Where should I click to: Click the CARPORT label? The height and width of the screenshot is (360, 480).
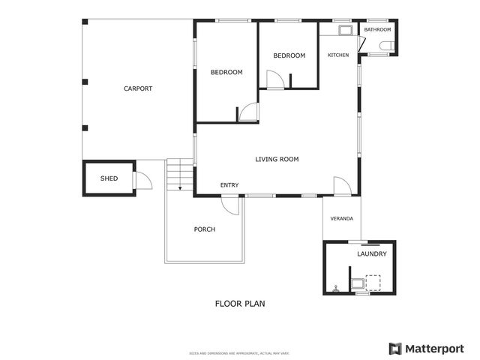tap(138, 88)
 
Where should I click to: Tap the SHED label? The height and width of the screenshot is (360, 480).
tap(109, 178)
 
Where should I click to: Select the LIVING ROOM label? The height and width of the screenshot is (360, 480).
tap(277, 159)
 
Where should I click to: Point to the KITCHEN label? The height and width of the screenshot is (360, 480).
tap(338, 55)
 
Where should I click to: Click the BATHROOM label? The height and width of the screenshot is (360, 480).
tap(377, 29)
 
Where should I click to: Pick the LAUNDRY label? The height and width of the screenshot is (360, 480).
tap(372, 254)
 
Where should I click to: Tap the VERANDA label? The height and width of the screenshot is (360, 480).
tap(342, 218)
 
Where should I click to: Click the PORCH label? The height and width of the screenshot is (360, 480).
tap(204, 229)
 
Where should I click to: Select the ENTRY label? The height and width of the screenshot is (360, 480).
tap(229, 185)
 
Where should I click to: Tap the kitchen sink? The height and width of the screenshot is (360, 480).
tap(346, 31)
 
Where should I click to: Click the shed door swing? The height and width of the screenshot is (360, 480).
tap(142, 180)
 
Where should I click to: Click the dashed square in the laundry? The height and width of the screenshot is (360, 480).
tap(373, 282)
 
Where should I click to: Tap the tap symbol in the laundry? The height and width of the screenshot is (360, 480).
tap(337, 286)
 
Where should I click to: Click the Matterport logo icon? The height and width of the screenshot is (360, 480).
tap(395, 348)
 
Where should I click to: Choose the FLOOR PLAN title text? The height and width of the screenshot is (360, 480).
tap(240, 304)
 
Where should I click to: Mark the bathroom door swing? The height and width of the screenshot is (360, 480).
tap(361, 43)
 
